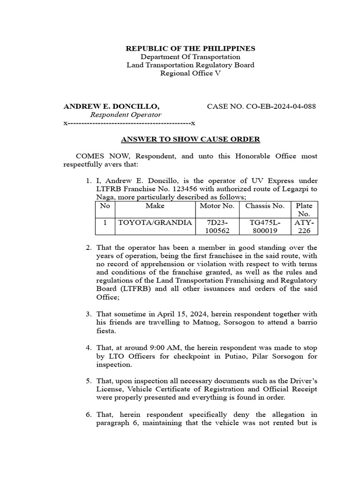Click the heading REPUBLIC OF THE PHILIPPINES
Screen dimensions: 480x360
click(x=190, y=48)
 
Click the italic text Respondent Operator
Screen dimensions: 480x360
click(x=126, y=115)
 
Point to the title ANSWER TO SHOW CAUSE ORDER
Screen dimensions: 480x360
click(x=190, y=139)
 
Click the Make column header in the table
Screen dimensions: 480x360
click(x=155, y=206)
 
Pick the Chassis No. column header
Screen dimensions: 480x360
click(x=265, y=206)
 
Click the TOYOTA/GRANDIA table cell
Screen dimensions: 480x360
click(x=155, y=223)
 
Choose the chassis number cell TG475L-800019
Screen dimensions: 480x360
click(x=265, y=227)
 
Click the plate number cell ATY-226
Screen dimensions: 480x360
click(x=303, y=227)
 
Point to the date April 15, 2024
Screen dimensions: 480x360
click(x=174, y=314)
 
